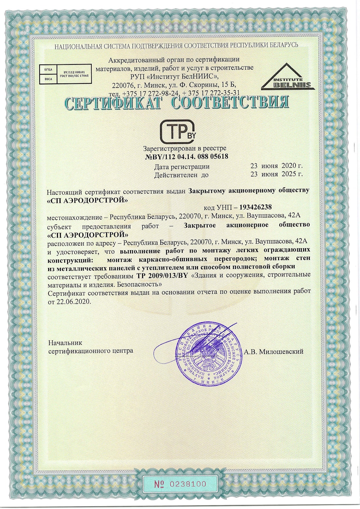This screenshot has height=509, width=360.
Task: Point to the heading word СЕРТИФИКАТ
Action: tap(113, 103)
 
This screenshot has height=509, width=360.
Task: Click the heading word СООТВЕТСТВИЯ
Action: tap(230, 103)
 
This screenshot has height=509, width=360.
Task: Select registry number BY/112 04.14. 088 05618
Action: tap(187, 157)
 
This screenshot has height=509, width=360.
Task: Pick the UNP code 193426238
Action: tap(255, 207)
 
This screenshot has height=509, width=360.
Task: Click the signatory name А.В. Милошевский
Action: tap(274, 352)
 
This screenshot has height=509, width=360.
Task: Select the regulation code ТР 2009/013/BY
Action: tap(162, 275)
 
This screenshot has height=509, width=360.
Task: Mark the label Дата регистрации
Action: tap(182, 167)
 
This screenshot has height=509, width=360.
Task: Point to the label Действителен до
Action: tap(181, 175)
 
